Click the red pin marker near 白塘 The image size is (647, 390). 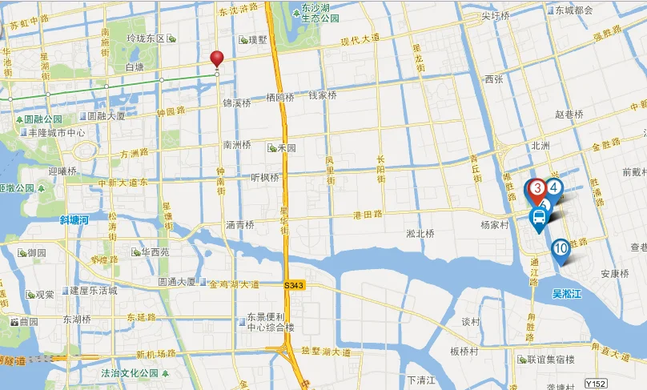pos(217,59)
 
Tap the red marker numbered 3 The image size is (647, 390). pos(536,189)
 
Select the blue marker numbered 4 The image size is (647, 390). pos(554,187)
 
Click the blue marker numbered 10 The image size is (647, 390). pos(561,250)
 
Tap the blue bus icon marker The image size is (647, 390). pos(539,216)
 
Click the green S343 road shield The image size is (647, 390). pos(293,285)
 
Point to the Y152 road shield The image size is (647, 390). pos(593,384)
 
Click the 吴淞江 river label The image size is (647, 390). pos(568,294)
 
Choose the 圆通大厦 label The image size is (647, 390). pos(178,282)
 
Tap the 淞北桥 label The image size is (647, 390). pos(420,234)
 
